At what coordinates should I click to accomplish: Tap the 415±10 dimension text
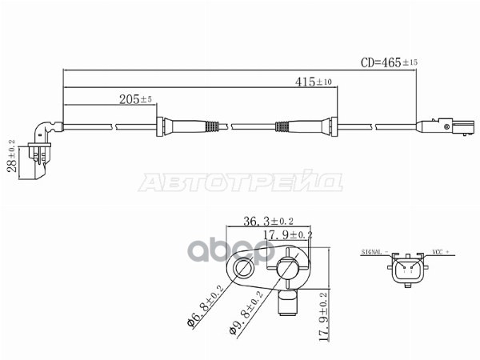pos(314,82)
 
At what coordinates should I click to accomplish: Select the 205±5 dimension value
pos(135,100)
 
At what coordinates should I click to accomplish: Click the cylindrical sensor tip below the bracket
pos(287,303)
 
